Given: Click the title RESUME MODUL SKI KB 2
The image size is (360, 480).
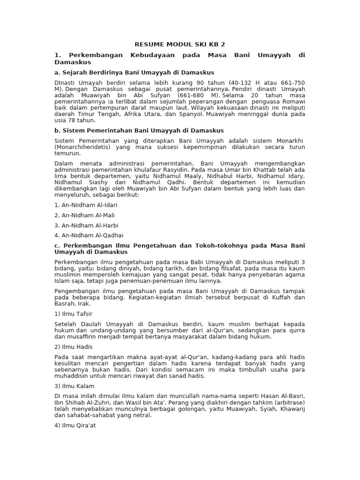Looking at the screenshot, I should coord(180,45).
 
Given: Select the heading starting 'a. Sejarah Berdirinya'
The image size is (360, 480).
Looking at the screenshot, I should coord(134,72).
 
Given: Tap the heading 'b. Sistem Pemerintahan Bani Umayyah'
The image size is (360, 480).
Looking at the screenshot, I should coord(139,130).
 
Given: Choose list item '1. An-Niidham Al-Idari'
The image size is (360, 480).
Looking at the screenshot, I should coord(86,205).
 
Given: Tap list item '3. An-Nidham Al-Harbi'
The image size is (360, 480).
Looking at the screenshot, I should coord(86,225).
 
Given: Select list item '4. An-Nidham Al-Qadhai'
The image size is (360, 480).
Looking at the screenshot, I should coord(89,235).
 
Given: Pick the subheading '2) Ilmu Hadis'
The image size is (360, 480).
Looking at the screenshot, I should coord(73,347).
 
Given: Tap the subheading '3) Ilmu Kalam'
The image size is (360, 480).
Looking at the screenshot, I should coord(74,386).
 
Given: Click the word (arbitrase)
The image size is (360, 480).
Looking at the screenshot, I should coord(285,403).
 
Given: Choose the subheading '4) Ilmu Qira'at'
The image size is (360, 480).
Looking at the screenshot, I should coord(75,426).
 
